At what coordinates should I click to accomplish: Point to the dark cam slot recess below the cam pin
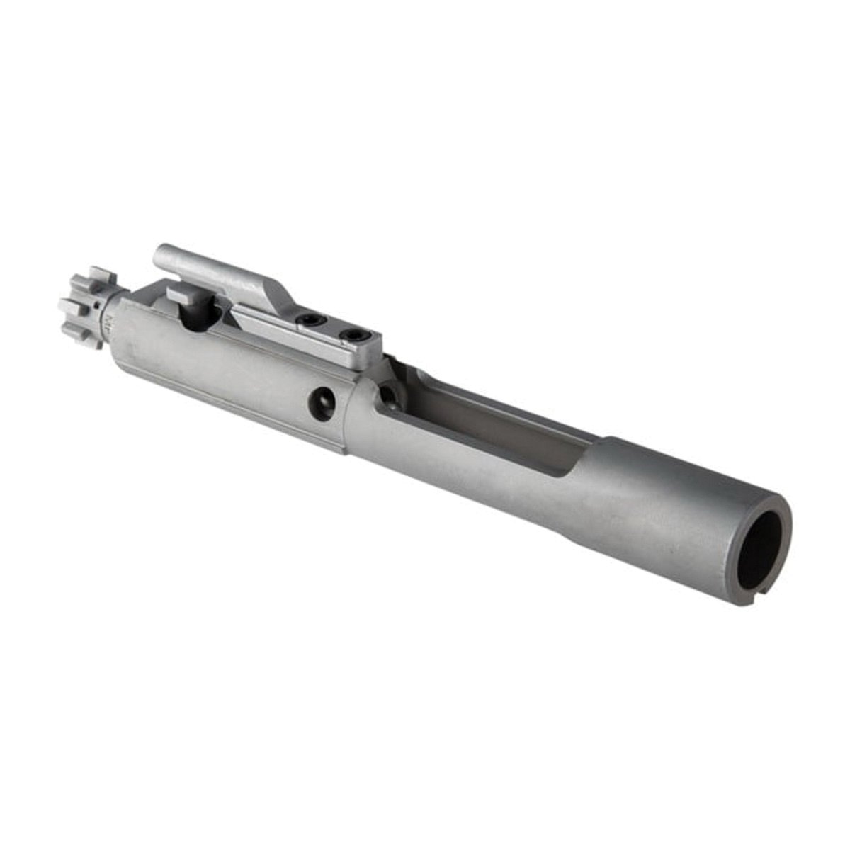[x=198, y=319]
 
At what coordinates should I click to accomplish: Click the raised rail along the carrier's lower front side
[x=227, y=418]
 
